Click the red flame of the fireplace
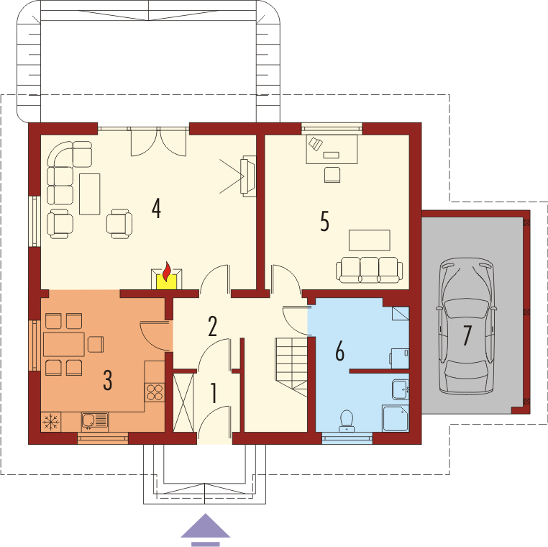pos(168,271)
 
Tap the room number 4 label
pos(156,208)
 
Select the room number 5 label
pos(324,221)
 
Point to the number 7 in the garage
pos(467,335)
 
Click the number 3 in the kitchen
pos(108,380)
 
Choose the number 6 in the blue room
pos(339,351)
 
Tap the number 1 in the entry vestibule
pos(214,393)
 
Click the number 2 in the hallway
pos(212,326)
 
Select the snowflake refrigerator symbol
pos(51,422)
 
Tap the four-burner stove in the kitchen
pos(155,392)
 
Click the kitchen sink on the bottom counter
pos(95,421)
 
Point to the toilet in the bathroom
pos(347,421)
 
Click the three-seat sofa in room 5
pos(369,270)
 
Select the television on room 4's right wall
pos(247,176)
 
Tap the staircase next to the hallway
pos(291,367)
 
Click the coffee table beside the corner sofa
pos(90,194)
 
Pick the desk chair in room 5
pos(332,174)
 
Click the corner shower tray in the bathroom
pos(396,418)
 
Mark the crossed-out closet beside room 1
pos(183,402)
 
